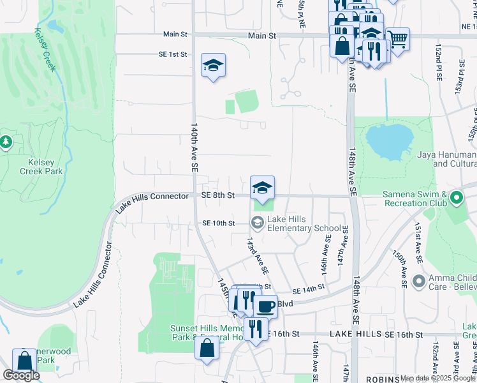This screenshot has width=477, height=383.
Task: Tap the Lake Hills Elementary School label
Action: click(304, 223)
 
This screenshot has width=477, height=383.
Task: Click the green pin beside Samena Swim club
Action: click(456, 198)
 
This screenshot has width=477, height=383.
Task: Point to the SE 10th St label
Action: click(219, 223)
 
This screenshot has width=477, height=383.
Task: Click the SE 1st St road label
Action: click(173, 55)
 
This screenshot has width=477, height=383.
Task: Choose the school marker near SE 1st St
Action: click(214, 65)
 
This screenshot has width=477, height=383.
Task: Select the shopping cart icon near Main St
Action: click(398, 38)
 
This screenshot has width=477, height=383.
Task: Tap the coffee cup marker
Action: click(265, 305)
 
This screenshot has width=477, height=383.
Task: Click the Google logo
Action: click(21, 375)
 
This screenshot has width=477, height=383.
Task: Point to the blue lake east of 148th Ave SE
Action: click(389, 141)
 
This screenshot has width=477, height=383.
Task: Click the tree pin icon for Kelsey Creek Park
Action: click(6, 141)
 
